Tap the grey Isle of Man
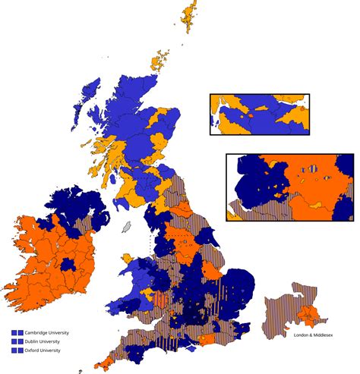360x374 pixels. (127, 227)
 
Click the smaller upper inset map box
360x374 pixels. (259, 115)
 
